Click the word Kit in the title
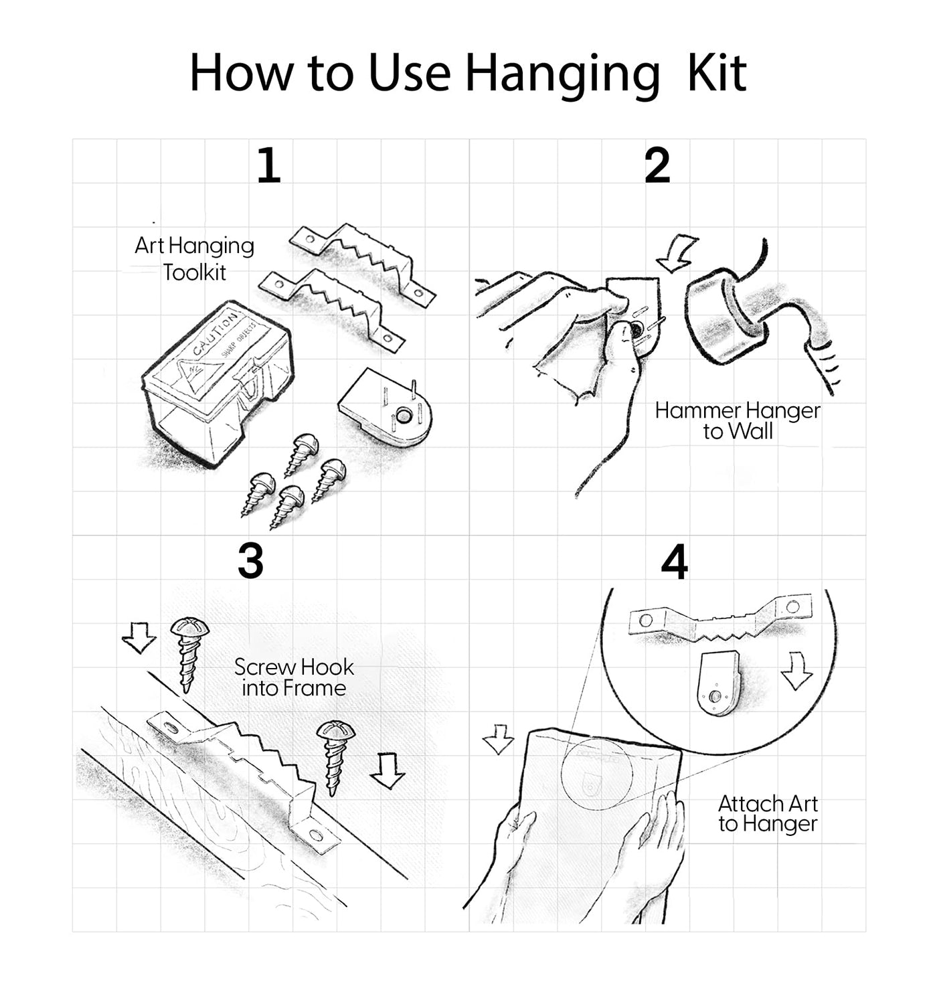click(716, 73)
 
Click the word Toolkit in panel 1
click(194, 273)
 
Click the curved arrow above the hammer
click(677, 253)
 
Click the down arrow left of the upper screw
click(139, 638)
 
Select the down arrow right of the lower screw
click(388, 771)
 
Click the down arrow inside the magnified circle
click(796, 671)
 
